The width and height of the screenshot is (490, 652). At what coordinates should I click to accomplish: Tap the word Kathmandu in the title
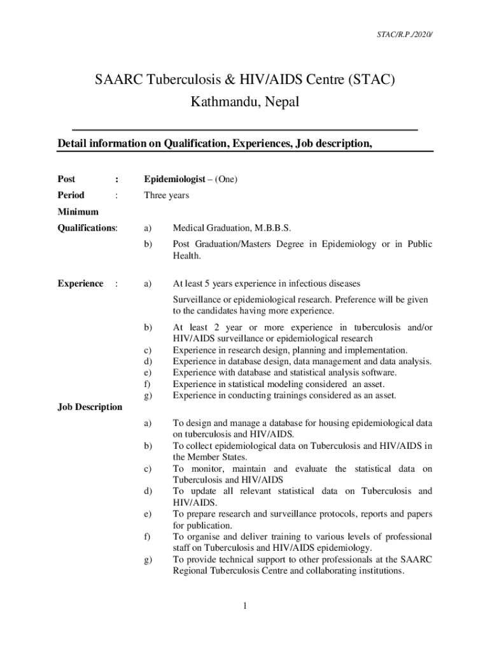218,102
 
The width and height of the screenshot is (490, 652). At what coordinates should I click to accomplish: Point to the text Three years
166,195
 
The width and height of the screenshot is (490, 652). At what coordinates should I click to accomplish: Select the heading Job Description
90,407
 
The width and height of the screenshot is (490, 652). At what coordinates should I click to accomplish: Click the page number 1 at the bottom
244,606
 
